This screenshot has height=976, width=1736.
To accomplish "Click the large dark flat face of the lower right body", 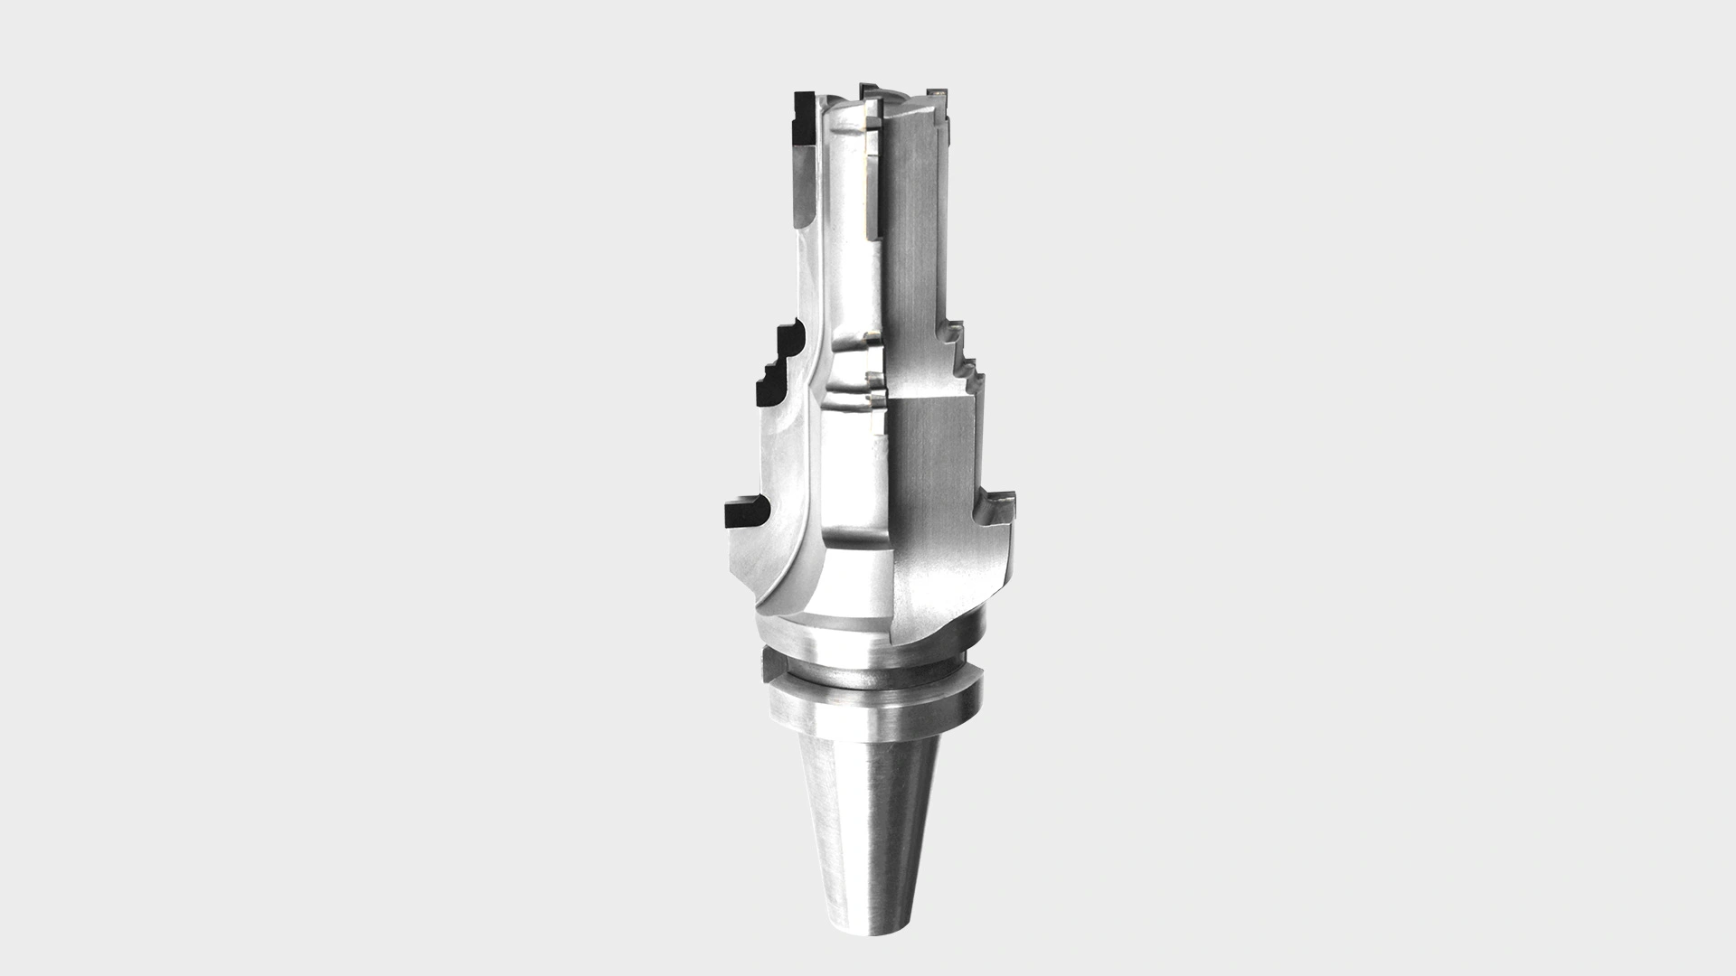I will tap(931, 470).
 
